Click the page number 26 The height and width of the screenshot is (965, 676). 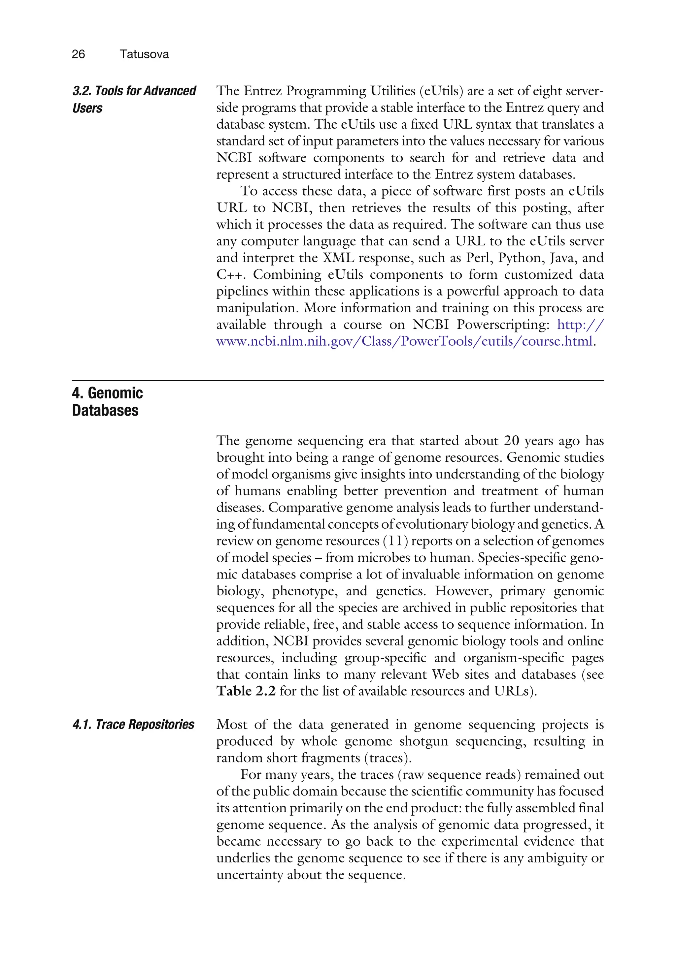click(78, 54)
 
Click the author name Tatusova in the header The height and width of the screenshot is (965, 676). click(144, 54)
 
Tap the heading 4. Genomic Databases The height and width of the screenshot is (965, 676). click(107, 401)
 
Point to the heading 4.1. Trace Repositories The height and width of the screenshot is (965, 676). click(133, 724)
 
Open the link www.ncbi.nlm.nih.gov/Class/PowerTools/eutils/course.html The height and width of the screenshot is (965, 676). click(404, 341)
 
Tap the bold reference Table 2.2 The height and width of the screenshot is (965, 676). click(246, 691)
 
